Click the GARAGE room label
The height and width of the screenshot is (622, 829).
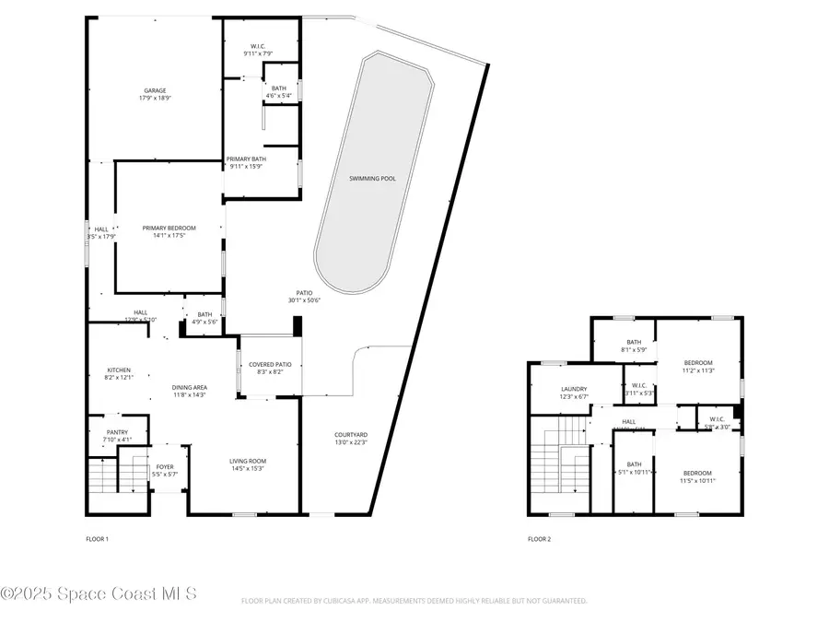(x=155, y=90)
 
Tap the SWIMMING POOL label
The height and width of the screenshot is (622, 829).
(x=372, y=178)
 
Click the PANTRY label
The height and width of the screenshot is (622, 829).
(x=117, y=431)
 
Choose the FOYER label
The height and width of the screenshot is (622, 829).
(x=165, y=467)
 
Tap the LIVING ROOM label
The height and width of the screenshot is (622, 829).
(x=248, y=460)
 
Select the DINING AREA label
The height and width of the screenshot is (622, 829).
(x=190, y=387)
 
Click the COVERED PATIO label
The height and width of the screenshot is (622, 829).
(x=270, y=364)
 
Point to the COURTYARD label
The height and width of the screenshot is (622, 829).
(x=351, y=434)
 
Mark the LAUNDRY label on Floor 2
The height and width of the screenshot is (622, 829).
(x=574, y=389)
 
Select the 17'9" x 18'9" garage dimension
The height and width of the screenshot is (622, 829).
(x=155, y=98)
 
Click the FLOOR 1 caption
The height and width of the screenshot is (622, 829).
(x=96, y=538)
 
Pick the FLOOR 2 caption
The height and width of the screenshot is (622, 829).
(x=539, y=538)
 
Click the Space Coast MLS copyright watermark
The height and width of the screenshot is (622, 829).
(x=99, y=593)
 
